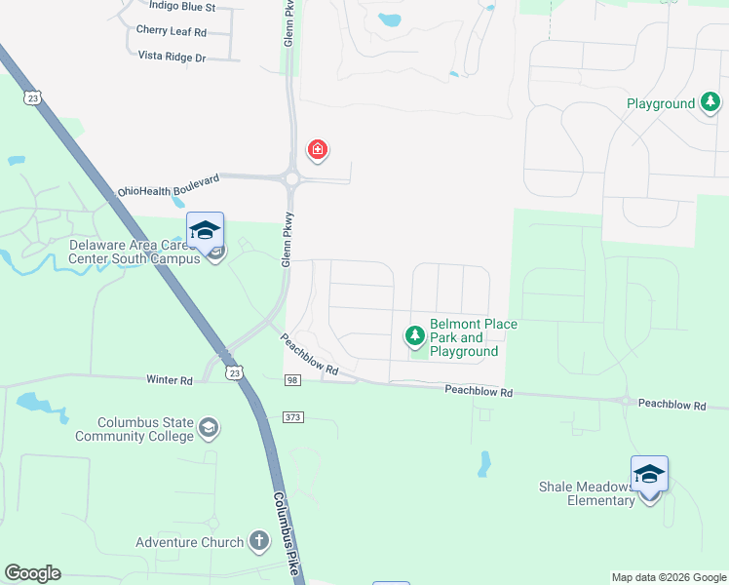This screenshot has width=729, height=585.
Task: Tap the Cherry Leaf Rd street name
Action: (x=172, y=32)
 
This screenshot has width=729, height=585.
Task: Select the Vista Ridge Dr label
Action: (x=172, y=58)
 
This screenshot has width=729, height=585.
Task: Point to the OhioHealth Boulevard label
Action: (x=169, y=185)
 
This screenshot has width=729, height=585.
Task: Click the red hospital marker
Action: (x=317, y=150)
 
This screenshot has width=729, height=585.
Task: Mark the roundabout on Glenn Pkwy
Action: (x=291, y=178)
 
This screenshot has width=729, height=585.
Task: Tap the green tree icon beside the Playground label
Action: (x=711, y=102)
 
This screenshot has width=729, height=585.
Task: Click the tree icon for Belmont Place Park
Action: (x=415, y=336)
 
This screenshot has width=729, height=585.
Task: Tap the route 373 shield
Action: (x=293, y=417)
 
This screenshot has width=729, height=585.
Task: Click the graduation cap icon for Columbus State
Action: (x=209, y=427)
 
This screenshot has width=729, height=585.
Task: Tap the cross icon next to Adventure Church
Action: (x=259, y=540)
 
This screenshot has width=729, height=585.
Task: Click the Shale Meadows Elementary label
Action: (x=586, y=493)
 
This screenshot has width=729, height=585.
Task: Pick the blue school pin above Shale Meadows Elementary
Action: (x=649, y=475)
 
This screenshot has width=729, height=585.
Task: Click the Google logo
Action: (x=32, y=573)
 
